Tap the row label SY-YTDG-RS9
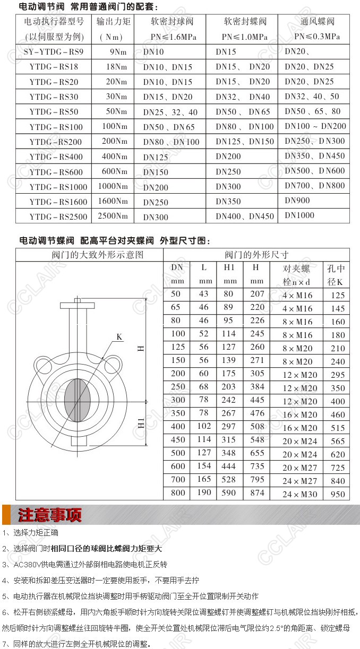pos(54,53)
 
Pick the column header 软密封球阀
pos(172,22)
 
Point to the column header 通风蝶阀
pos(316,22)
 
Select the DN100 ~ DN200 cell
pos(315,126)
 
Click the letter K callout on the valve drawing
pos(119,336)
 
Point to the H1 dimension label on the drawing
pos(141,423)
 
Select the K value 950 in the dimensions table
pos(337,494)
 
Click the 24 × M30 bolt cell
pos(299,494)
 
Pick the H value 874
pos(257,493)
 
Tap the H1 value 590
pos(229,493)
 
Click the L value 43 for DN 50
pos(203,294)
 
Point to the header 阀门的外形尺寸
pos(256,255)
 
